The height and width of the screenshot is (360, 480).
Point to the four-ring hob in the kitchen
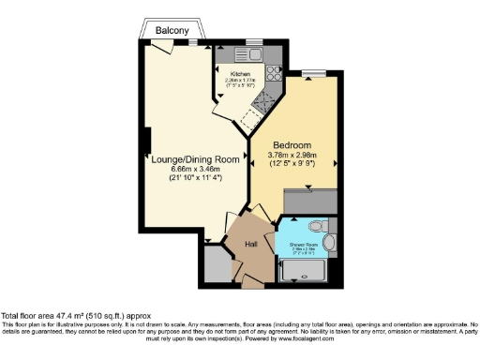point(275,71)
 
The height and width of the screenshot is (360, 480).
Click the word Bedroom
point(293,145)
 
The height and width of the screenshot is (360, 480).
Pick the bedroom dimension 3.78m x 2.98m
point(293,155)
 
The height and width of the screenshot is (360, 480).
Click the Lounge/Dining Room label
point(197,159)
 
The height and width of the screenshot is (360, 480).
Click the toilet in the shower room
point(318,226)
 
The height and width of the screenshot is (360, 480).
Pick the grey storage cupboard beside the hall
point(215,265)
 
